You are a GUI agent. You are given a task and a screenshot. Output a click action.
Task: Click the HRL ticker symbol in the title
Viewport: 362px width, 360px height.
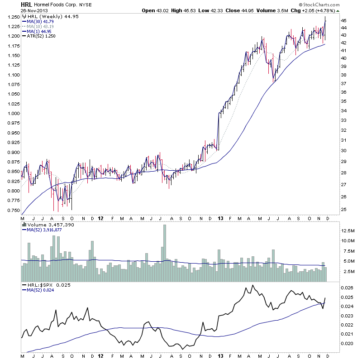[x=26, y=5]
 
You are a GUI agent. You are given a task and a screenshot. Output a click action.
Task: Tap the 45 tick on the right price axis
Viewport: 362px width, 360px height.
[x=344, y=21]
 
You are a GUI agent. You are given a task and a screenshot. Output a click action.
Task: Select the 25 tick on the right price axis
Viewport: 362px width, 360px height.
[x=344, y=209]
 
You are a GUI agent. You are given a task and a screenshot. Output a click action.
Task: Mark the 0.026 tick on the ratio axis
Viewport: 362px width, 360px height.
[x=346, y=288]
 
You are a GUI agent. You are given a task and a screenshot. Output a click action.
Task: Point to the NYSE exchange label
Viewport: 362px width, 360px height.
[x=86, y=5]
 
